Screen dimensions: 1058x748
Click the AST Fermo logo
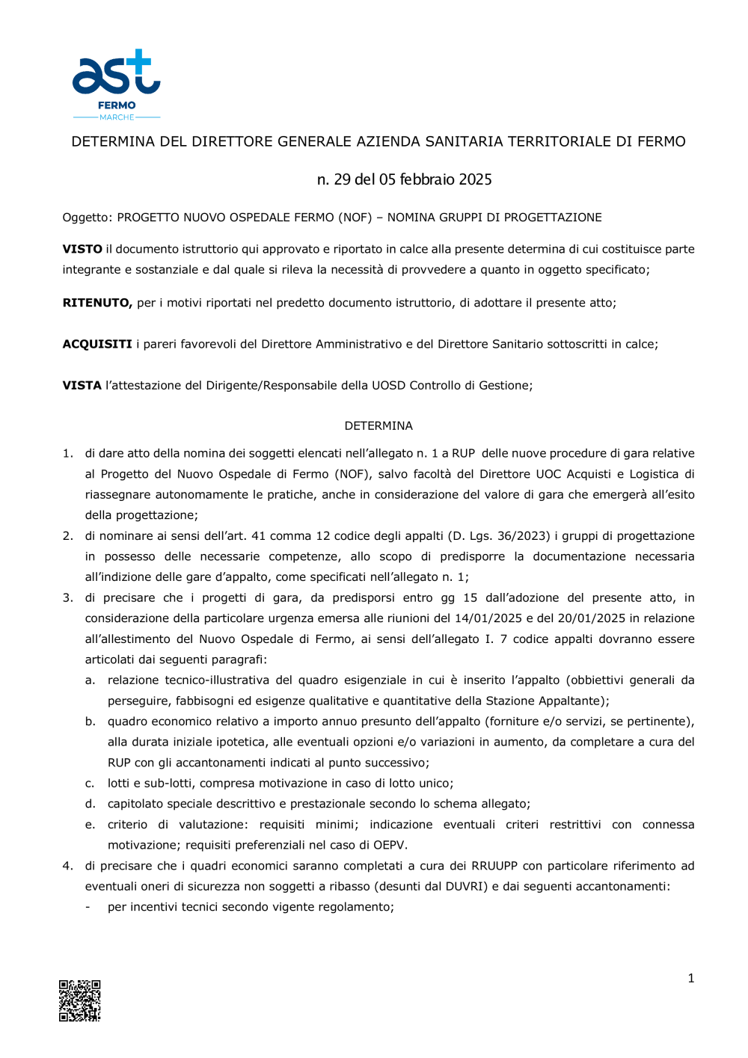coord(116,84)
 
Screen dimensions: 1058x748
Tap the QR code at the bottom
coord(80,1000)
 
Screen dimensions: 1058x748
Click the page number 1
coord(690,978)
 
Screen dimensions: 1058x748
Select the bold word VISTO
coord(82,249)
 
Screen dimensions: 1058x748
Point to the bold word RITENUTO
coord(97,303)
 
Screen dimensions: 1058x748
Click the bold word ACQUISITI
coord(97,344)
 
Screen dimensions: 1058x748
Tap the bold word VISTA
coord(82,385)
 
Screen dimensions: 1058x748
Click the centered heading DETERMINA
coord(378,425)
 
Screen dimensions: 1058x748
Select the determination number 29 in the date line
coord(342,179)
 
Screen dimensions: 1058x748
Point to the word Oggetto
coord(86,218)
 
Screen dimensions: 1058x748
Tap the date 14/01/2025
coord(488,618)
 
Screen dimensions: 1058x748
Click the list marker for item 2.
coord(67,536)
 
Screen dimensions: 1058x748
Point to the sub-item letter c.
coord(90,784)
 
